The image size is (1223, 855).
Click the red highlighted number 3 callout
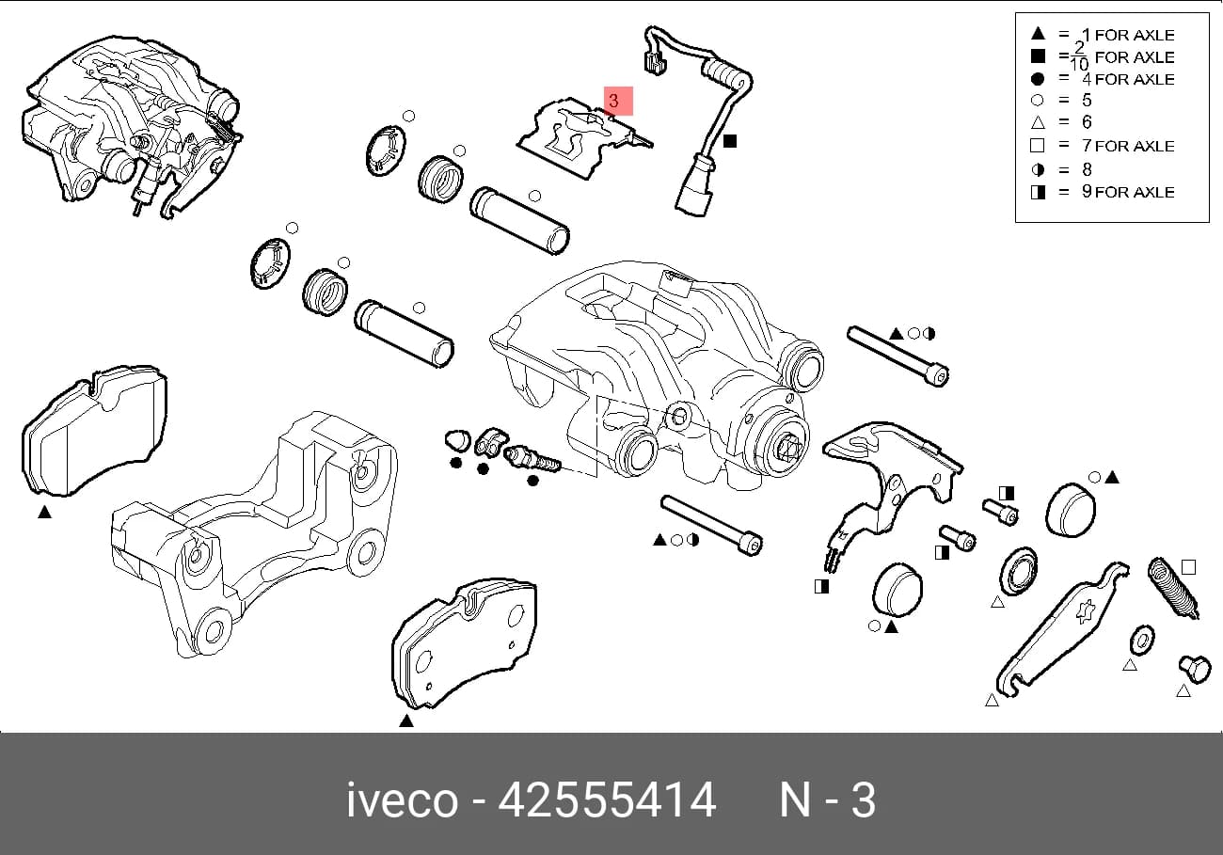618,101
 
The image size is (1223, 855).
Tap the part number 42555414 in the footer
607,800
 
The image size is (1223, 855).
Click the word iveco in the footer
403,800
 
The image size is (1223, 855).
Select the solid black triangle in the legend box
1038,34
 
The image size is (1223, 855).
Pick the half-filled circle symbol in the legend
1038,170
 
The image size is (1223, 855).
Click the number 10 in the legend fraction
1079,64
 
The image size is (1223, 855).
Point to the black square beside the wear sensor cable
729,141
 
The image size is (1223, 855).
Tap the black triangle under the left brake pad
45,512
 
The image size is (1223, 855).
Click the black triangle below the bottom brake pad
406,721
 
